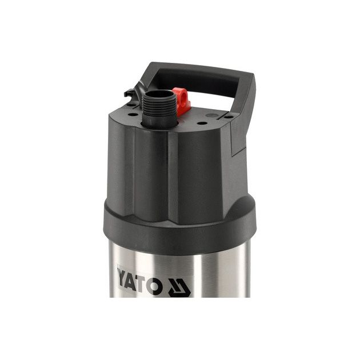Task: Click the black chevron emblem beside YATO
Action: (179, 288)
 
